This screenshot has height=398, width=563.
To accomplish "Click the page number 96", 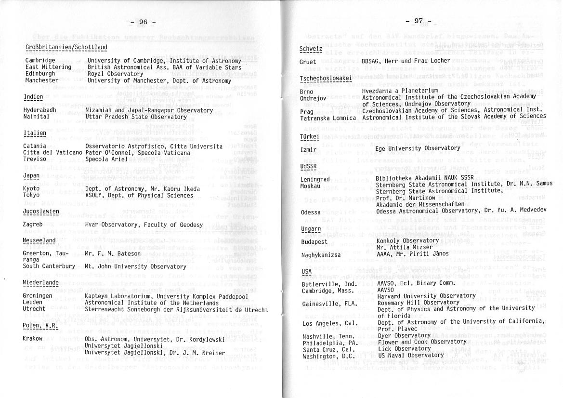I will (x=143, y=22).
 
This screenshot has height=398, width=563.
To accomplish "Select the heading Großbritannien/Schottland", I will (x=66, y=47).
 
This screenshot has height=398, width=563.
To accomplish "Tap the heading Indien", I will (x=33, y=97).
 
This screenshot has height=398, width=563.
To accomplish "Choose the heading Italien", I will (x=35, y=133).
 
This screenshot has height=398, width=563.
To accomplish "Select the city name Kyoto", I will (x=31, y=189).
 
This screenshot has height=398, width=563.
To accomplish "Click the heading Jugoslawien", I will (x=41, y=212).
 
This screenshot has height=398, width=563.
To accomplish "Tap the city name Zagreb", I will (x=33, y=225).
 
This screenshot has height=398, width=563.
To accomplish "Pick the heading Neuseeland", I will (x=39, y=240).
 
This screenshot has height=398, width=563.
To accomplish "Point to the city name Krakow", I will (x=33, y=339).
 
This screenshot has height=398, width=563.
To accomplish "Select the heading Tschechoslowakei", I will (x=326, y=78).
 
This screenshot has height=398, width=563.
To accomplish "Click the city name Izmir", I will (x=308, y=150).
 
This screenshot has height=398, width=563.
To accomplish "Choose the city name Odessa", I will (x=311, y=212).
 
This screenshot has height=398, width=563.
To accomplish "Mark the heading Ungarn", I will (x=311, y=228).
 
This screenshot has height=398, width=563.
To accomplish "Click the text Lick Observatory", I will (x=398, y=348).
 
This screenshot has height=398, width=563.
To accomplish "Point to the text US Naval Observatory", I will (x=404, y=355).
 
